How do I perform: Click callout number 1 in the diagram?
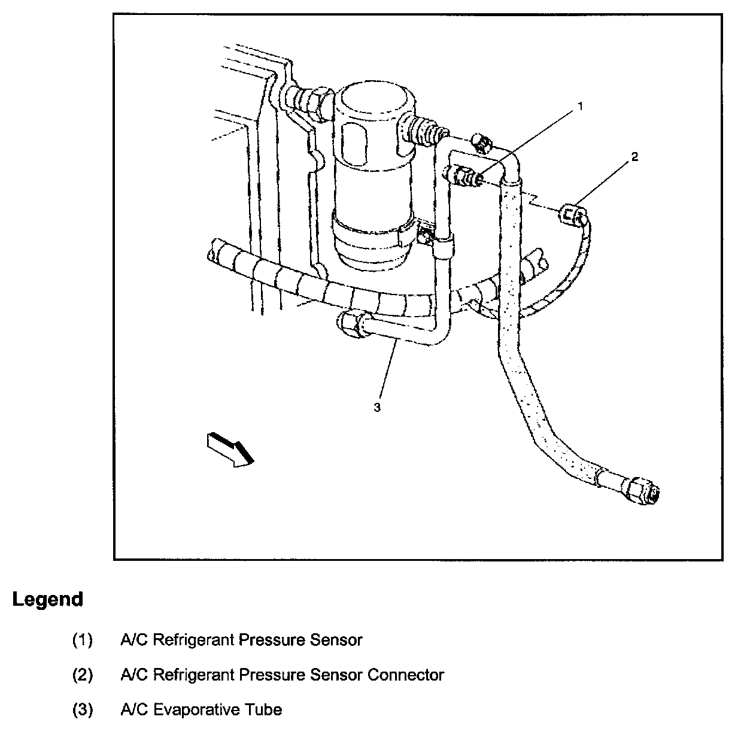point(579,107)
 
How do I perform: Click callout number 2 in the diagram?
point(634,157)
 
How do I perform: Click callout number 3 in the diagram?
point(377,407)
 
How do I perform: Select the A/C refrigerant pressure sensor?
point(464,176)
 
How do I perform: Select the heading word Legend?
point(47,599)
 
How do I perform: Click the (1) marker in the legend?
point(83,640)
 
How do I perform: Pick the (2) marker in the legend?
point(83,675)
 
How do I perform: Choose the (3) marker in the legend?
point(83,710)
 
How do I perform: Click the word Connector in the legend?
point(405,675)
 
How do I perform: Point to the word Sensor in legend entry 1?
point(336,640)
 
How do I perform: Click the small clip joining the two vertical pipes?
point(443,245)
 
